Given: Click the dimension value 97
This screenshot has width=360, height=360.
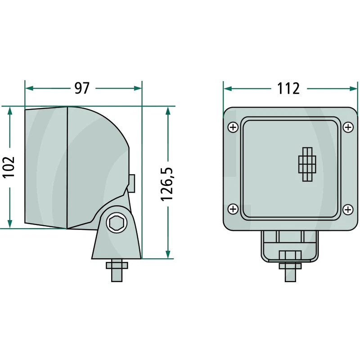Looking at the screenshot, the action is pos(82,88).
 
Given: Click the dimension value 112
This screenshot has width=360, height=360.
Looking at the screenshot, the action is pos(288,88).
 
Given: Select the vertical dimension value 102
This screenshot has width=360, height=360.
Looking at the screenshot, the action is pos(9,167).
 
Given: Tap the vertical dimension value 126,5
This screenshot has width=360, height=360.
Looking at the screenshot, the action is pos(167,184).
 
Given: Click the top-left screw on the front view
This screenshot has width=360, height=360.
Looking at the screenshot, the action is pos(233,127).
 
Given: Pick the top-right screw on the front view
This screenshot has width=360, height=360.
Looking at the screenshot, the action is pos(348,127).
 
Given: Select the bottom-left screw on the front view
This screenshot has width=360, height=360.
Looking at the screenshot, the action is pos(233,209).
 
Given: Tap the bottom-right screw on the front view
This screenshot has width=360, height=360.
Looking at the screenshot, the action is pos(348,209).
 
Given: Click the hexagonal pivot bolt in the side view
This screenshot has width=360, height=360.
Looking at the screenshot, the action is pos(117,222).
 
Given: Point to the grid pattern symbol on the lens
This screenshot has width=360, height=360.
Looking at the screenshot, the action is pos(307,164).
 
